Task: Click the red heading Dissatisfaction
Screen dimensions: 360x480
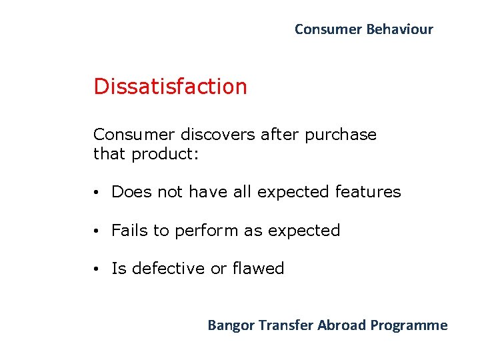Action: [170, 87]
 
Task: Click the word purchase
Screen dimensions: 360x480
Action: [341, 135]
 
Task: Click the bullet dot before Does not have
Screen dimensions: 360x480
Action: [97, 193]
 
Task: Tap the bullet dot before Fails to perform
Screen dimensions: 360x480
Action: [97, 231]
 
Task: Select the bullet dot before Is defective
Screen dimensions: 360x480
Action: [97, 269]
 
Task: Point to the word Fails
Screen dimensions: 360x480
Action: [129, 231]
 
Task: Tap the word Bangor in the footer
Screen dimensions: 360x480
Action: [231, 325]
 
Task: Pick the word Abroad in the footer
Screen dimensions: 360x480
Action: [342, 325]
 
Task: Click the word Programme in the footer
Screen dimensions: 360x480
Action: [409, 325]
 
